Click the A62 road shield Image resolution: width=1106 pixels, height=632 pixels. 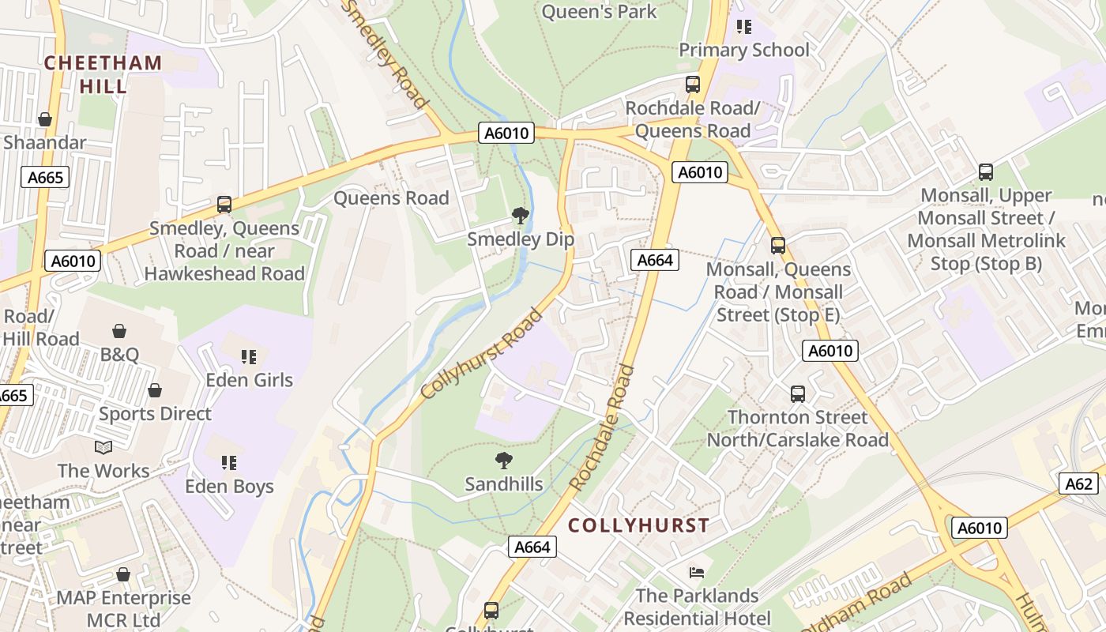pyautogui.click(x=1078, y=483)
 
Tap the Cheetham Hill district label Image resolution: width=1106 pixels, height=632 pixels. pyautogui.click(x=103, y=74)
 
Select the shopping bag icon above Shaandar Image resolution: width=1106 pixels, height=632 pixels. pyautogui.click(x=45, y=119)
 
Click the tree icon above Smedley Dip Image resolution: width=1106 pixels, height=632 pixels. pyautogui.click(x=520, y=215)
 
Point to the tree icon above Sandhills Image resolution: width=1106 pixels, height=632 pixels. pyautogui.click(x=503, y=461)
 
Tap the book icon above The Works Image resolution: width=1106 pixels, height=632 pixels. pyautogui.click(x=103, y=448)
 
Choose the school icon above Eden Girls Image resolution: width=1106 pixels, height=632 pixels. pyautogui.click(x=249, y=357)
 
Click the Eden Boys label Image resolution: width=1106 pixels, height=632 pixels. pyautogui.click(x=229, y=486)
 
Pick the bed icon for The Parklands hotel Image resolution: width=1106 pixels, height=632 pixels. pyautogui.click(x=696, y=572)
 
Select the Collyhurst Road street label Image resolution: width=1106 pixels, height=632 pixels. pyautogui.click(x=482, y=354)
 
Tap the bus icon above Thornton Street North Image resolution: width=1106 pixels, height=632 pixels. pyautogui.click(x=798, y=393)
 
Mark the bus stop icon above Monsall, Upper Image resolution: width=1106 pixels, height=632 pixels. pyautogui.click(x=986, y=171)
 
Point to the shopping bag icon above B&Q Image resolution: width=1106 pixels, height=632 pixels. pyautogui.click(x=119, y=330)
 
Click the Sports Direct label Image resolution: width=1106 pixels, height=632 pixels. pyautogui.click(x=155, y=413)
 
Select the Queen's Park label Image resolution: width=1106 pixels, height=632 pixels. pyautogui.click(x=599, y=11)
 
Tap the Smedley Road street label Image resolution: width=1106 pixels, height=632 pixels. pyautogui.click(x=386, y=54)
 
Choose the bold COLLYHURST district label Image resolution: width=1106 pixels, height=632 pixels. pyautogui.click(x=638, y=525)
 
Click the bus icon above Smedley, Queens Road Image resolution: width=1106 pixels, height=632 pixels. pyautogui.click(x=224, y=205)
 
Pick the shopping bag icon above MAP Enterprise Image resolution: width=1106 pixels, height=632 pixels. pyautogui.click(x=122, y=574)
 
